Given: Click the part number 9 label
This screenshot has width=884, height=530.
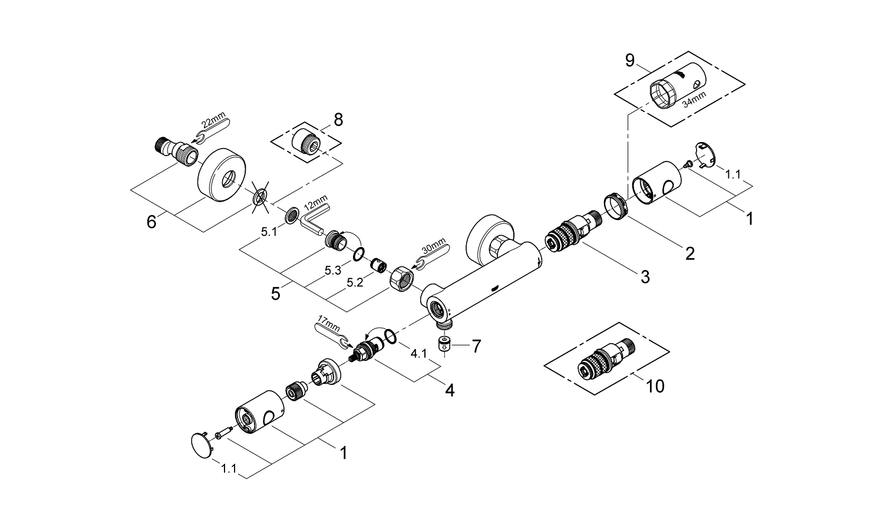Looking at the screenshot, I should pyautogui.click(x=630, y=61).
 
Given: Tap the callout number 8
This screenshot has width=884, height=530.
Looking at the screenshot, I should pyautogui.click(x=338, y=120).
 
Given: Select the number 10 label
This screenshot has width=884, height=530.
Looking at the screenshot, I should pyautogui.click(x=655, y=386).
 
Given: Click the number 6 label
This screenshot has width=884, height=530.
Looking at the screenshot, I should pyautogui.click(x=151, y=222).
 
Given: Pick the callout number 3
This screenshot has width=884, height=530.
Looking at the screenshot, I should pyautogui.click(x=645, y=276).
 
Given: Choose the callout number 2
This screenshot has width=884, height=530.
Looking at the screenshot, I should pyautogui.click(x=689, y=254).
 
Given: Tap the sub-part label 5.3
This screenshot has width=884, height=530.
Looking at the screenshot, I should pyautogui.click(x=333, y=271).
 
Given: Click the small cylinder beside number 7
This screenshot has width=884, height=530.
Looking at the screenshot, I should pyautogui.click(x=446, y=343).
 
